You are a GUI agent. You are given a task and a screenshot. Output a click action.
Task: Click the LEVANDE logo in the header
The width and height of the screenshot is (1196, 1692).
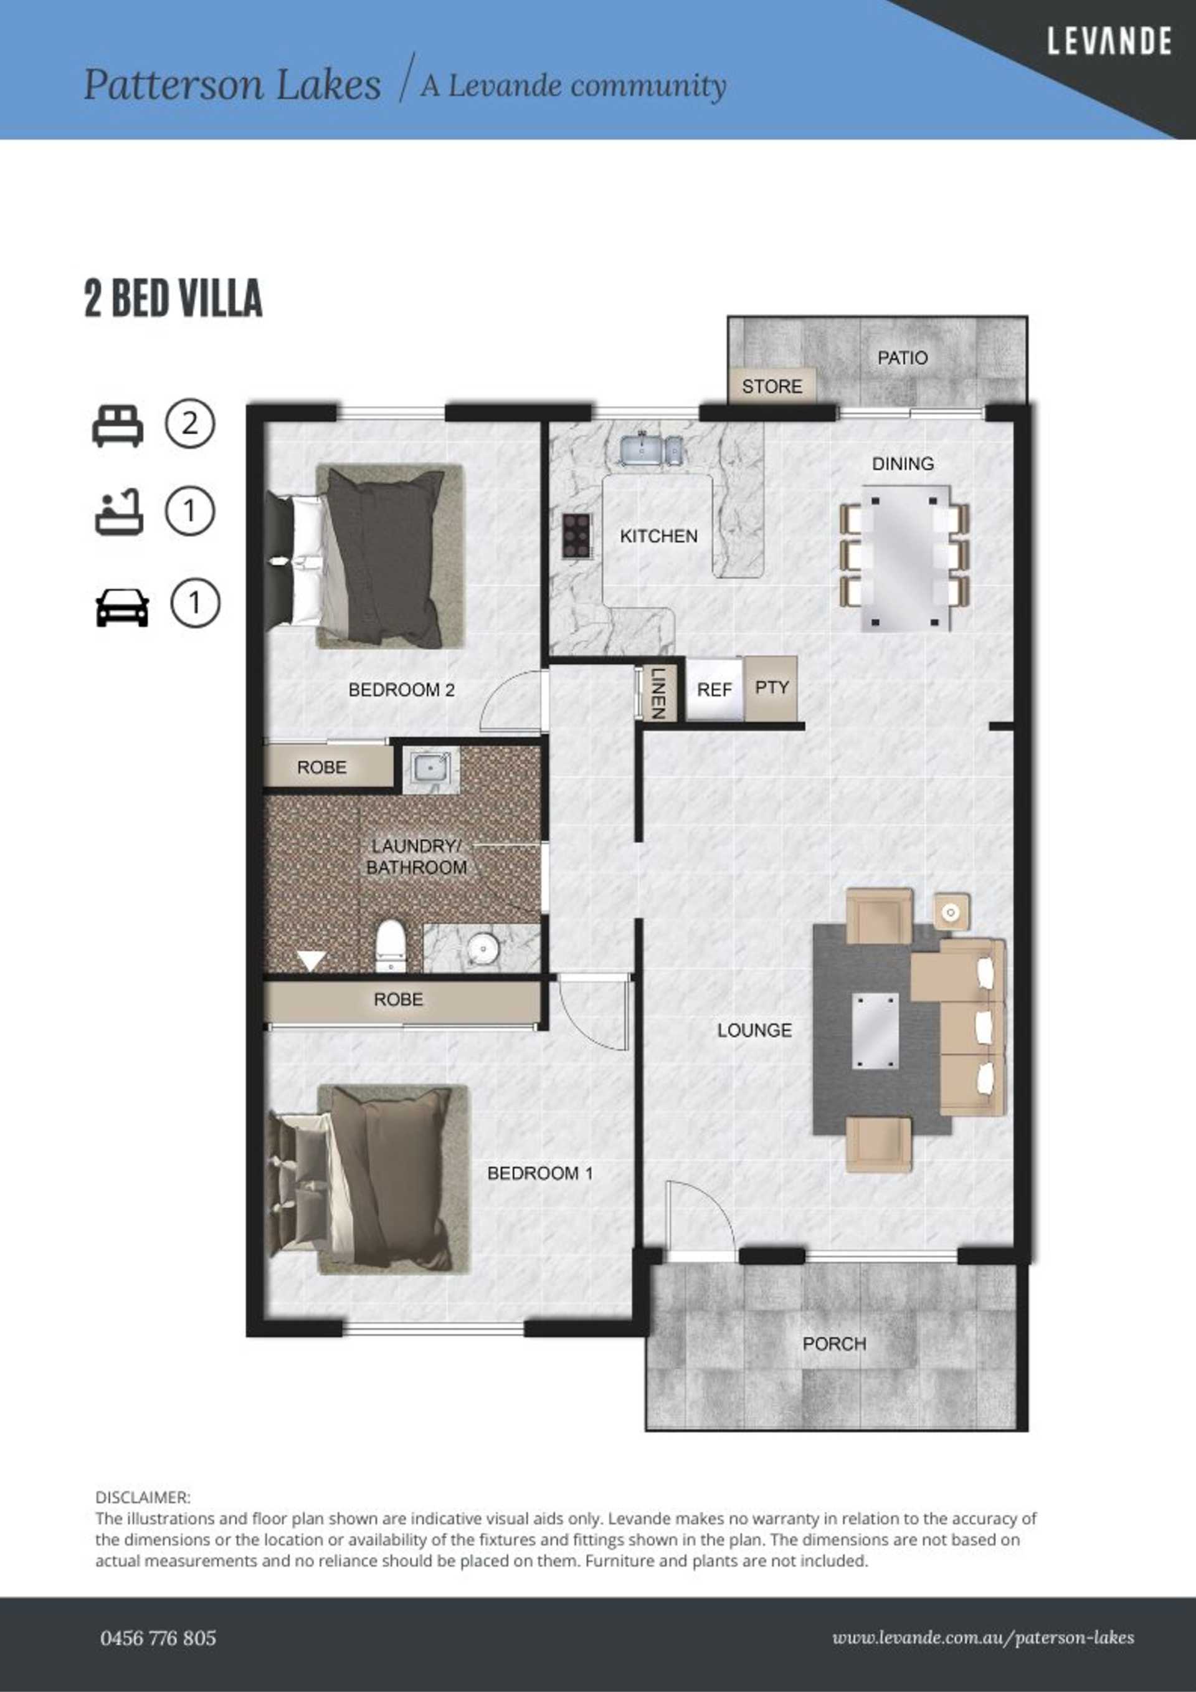(x=1109, y=41)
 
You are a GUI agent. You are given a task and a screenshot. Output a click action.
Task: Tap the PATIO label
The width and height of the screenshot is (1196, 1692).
(x=902, y=358)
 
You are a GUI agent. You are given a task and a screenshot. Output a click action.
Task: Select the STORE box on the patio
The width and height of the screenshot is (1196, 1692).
(x=772, y=386)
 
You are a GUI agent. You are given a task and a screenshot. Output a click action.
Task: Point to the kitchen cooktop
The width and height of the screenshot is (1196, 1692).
(x=576, y=536)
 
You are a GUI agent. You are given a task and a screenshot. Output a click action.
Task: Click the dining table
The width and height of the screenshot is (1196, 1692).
(x=905, y=557)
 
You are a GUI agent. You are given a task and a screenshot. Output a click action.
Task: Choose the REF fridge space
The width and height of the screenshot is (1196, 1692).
(x=714, y=689)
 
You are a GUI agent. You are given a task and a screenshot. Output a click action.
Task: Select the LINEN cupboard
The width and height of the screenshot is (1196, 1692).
(x=658, y=693)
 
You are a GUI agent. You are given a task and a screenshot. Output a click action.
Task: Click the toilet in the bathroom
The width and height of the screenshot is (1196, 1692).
(x=390, y=946)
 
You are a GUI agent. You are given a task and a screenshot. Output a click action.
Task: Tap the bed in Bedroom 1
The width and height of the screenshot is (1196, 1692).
(x=368, y=1179)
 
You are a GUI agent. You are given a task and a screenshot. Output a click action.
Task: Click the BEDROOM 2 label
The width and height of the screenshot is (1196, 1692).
(x=402, y=690)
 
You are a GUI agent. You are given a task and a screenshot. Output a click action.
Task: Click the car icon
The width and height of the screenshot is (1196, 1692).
(x=122, y=607)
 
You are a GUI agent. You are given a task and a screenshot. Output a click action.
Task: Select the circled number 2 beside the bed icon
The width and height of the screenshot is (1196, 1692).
(x=189, y=424)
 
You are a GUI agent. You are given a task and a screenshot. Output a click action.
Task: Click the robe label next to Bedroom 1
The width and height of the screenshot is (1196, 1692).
(x=398, y=1000)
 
